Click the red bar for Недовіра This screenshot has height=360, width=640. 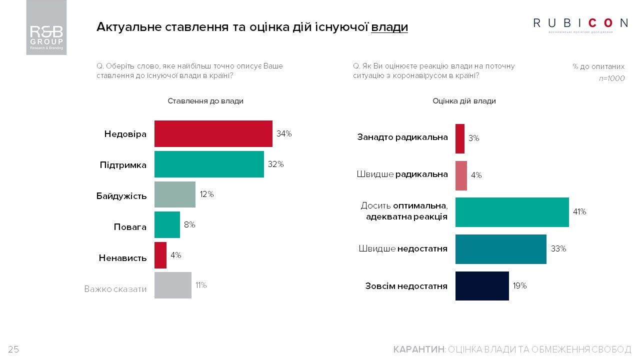[x=213, y=133]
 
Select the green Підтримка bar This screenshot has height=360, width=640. [x=209, y=164]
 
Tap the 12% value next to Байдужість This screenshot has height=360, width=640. [x=207, y=194]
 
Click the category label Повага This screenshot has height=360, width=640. [x=130, y=227]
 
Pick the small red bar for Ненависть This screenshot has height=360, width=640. [x=160, y=255]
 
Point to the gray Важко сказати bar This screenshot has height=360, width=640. [x=172, y=285]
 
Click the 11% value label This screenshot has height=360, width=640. [x=201, y=285]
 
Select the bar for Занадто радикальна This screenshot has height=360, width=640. [x=459, y=138]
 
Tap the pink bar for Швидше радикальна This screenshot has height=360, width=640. [x=461, y=175]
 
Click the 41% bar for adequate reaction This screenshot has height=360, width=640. [x=511, y=212]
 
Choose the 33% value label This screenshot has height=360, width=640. [x=558, y=248]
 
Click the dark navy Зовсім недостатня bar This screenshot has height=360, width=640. [x=481, y=286]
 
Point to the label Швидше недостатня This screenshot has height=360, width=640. [x=402, y=248]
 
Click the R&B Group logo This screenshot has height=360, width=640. [x=46, y=27]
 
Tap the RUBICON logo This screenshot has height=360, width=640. [x=580, y=23]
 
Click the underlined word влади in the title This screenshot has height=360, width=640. [x=389, y=27]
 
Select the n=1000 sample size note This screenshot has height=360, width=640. [x=611, y=78]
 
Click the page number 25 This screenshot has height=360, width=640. [x=13, y=349]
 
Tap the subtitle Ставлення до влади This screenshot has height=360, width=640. [x=205, y=101]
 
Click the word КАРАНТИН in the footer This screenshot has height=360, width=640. [x=418, y=349]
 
